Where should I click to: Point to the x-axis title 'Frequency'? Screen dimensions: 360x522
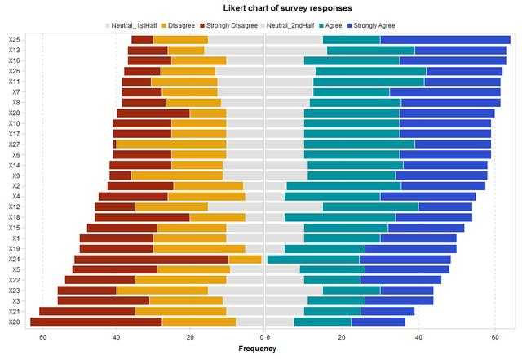(256, 349)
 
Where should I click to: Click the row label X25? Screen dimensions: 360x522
(14, 39)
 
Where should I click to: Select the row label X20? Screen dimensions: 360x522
(14, 322)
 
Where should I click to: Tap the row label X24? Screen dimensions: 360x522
(14, 259)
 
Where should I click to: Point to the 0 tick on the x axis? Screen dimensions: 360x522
(264, 336)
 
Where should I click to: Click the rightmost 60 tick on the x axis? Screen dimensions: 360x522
(495, 336)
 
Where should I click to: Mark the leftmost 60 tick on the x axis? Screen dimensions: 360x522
(42, 336)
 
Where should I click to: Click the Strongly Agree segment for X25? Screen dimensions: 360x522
(445, 39)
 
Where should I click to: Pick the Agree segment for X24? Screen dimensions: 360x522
(313, 259)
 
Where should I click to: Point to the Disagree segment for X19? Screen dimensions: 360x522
(199, 248)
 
